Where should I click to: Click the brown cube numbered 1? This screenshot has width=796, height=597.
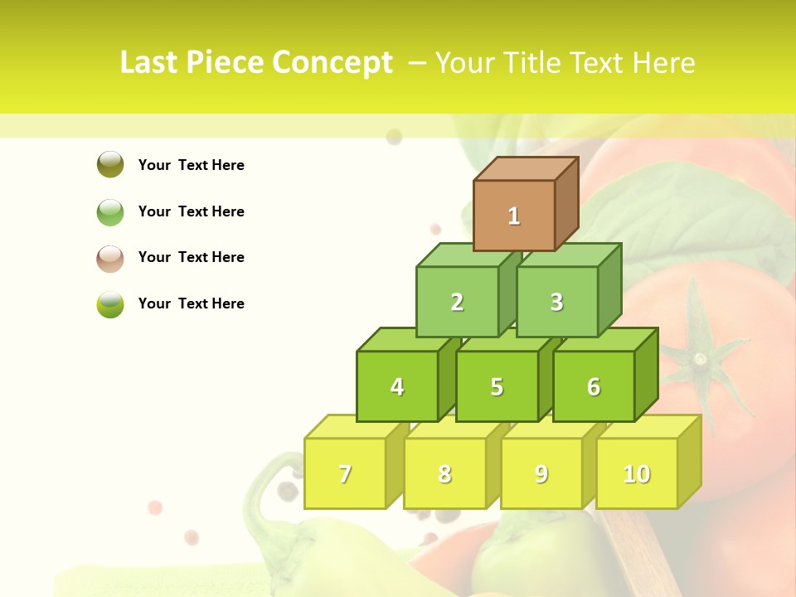(x=514, y=216)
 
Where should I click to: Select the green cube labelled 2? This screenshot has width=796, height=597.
(x=457, y=302)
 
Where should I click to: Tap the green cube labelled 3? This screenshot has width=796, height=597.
(x=556, y=302)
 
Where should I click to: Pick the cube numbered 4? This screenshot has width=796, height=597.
(x=397, y=386)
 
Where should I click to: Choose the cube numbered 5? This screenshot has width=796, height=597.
(x=497, y=386)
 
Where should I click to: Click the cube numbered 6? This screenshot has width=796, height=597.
(x=594, y=386)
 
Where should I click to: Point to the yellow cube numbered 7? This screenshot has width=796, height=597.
(x=345, y=473)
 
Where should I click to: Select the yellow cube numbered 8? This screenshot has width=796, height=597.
(x=444, y=473)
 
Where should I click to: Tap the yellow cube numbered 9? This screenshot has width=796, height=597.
(x=541, y=473)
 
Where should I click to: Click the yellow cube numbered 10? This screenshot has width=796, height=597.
(x=637, y=473)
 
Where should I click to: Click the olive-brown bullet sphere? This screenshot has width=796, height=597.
(x=110, y=164)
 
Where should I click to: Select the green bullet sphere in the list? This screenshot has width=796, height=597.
(x=110, y=211)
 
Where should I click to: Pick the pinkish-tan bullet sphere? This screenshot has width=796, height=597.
(x=110, y=258)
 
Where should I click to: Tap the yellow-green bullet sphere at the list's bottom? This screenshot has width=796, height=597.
(x=110, y=304)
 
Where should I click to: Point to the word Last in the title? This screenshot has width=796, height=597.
(x=150, y=63)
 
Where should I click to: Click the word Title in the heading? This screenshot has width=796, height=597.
(x=537, y=63)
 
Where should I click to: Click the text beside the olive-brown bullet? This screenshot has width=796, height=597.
(x=192, y=165)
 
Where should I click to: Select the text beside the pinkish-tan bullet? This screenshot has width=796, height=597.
(x=192, y=257)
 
